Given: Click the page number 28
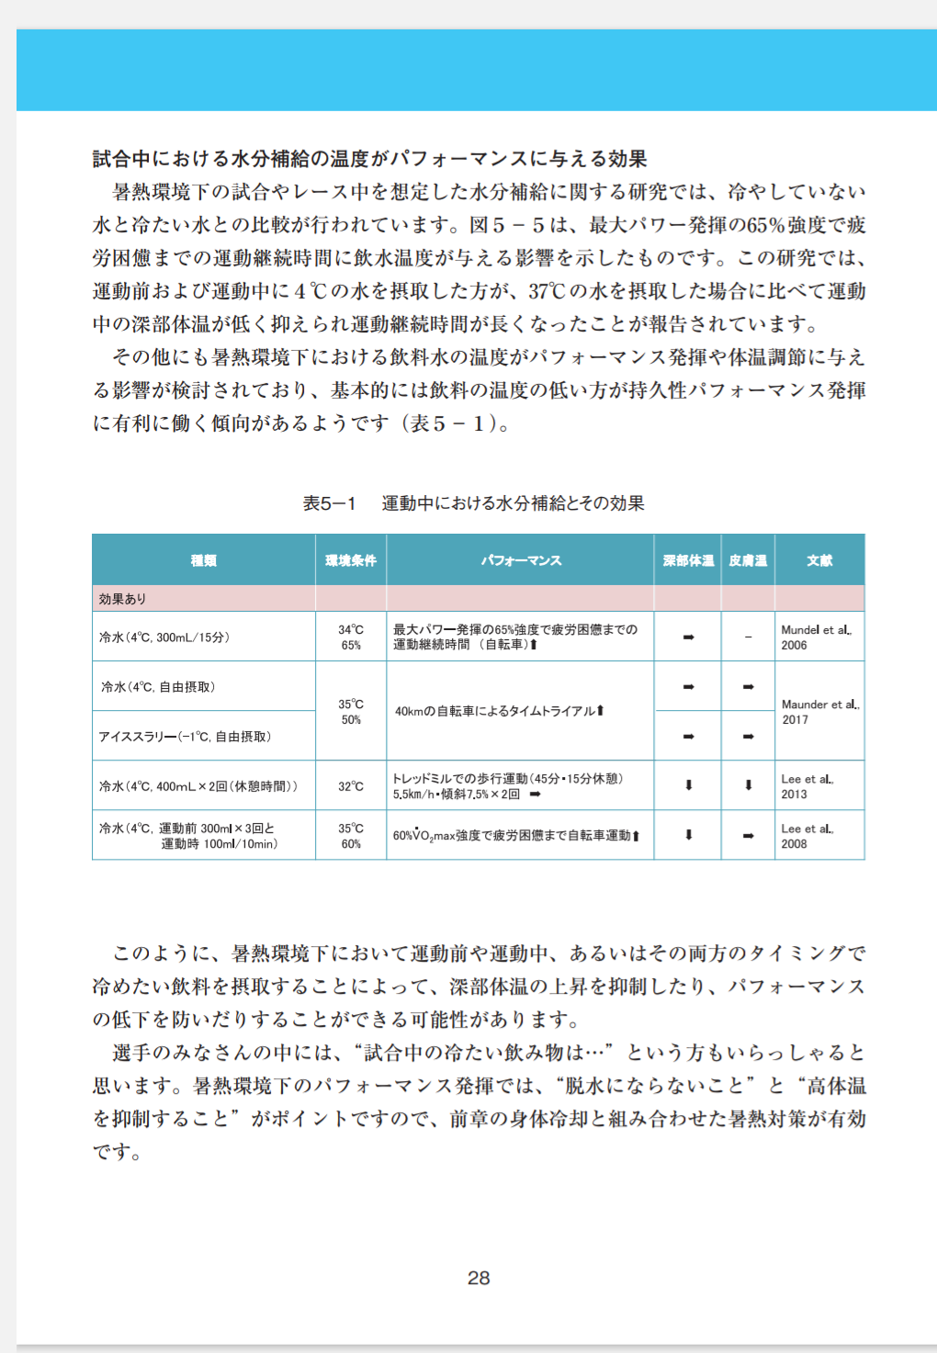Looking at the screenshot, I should point(479,1278).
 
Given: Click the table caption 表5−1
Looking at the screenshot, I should point(329,503).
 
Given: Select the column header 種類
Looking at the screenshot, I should point(204,560).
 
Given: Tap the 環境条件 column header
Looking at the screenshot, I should point(351,560).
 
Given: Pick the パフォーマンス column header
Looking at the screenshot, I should point(521,560).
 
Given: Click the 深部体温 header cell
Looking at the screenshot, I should point(688,560).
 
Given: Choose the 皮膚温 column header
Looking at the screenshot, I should point(748,560).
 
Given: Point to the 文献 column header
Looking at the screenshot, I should point(819,560).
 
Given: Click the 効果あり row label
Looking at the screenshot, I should point(123,599).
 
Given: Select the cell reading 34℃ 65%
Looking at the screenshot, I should point(351,637).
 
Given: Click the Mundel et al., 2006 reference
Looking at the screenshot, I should point(816,637).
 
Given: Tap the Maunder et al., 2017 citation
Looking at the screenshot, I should point(819,712).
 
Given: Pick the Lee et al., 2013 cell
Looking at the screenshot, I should point(807,786).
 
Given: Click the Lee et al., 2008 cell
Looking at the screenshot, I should point(807,836).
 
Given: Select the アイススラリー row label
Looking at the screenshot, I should point(185,737).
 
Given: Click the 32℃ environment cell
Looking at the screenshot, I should point(351,786).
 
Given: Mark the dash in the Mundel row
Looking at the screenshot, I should point(748,637).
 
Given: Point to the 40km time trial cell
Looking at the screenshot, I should point(500,711).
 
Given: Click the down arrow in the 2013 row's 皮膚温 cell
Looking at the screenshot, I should point(748,785).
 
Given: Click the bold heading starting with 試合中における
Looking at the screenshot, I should point(369,159).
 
